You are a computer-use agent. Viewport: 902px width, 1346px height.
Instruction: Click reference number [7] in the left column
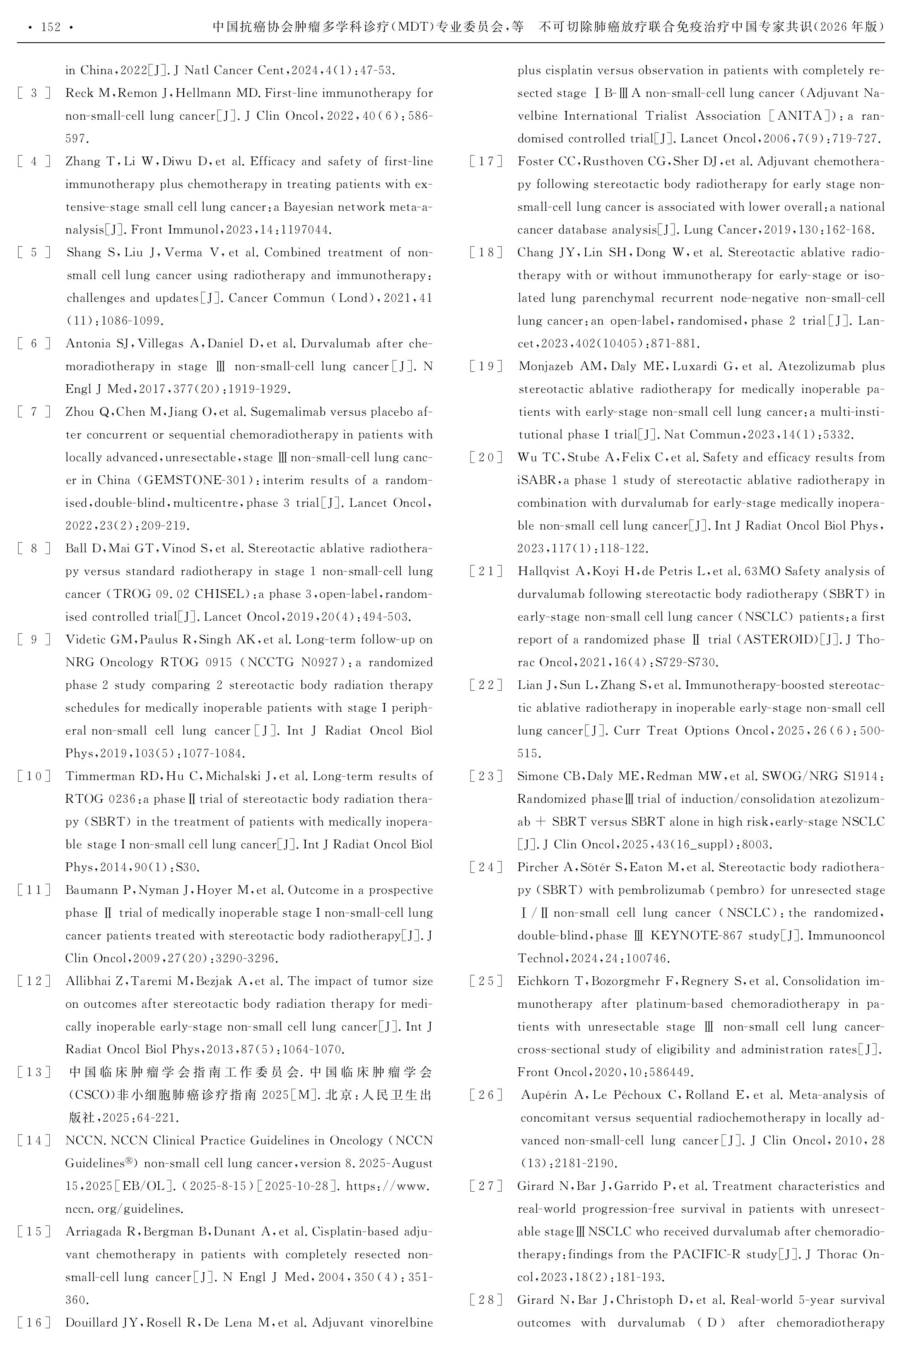34,412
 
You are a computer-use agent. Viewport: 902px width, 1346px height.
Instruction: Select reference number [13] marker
34,1072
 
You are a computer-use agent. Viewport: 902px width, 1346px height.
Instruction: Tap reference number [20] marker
486,457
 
